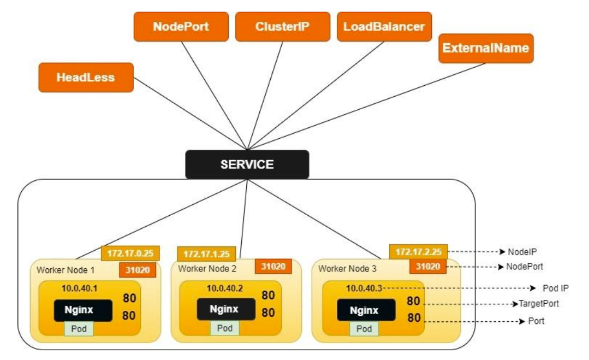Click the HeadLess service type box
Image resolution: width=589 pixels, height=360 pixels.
click(x=86, y=77)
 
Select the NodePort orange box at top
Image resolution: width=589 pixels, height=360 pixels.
click(x=181, y=27)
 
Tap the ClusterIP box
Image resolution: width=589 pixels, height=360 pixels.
click(x=282, y=27)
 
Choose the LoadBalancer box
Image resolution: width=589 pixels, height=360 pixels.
click(x=384, y=27)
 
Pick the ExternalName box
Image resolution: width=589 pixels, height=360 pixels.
click(x=485, y=48)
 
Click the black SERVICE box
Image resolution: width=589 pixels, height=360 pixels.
click(x=247, y=164)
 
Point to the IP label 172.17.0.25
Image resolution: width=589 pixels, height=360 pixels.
click(x=130, y=253)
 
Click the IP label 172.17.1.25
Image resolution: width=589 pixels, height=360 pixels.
click(x=206, y=254)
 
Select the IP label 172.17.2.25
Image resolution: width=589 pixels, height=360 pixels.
click(x=418, y=252)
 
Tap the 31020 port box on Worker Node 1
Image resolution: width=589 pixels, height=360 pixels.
click(x=138, y=269)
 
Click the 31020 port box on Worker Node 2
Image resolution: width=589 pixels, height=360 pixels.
click(x=273, y=267)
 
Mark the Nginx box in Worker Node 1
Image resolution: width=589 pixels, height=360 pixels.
click(x=83, y=311)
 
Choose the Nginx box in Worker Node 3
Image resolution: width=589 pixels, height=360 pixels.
click(x=364, y=311)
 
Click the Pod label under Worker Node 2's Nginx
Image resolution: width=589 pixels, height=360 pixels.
click(x=225, y=328)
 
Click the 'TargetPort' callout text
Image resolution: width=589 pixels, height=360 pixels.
click(x=538, y=304)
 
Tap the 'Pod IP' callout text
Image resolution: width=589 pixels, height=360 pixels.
click(x=556, y=288)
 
